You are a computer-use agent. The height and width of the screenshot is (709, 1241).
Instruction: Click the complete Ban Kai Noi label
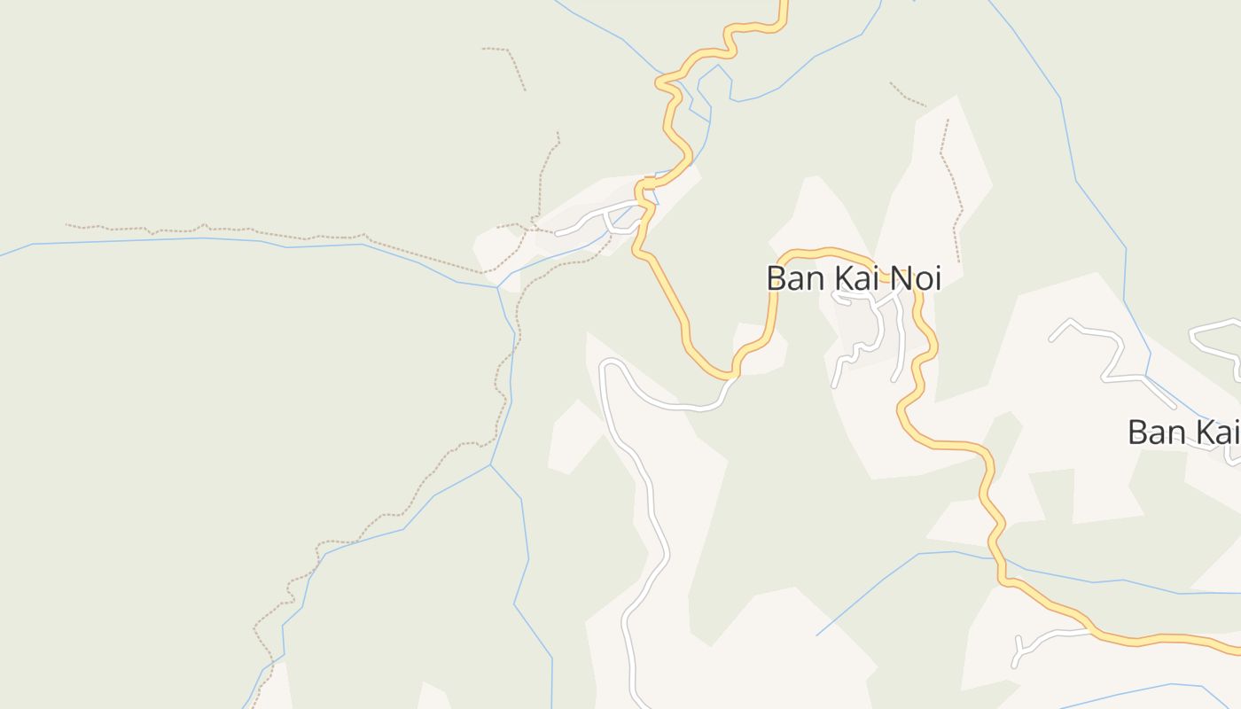coord(853,278)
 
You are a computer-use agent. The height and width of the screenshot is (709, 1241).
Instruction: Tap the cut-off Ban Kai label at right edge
coord(1182,432)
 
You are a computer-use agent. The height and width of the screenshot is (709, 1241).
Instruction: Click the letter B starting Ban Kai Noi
coord(777,279)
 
